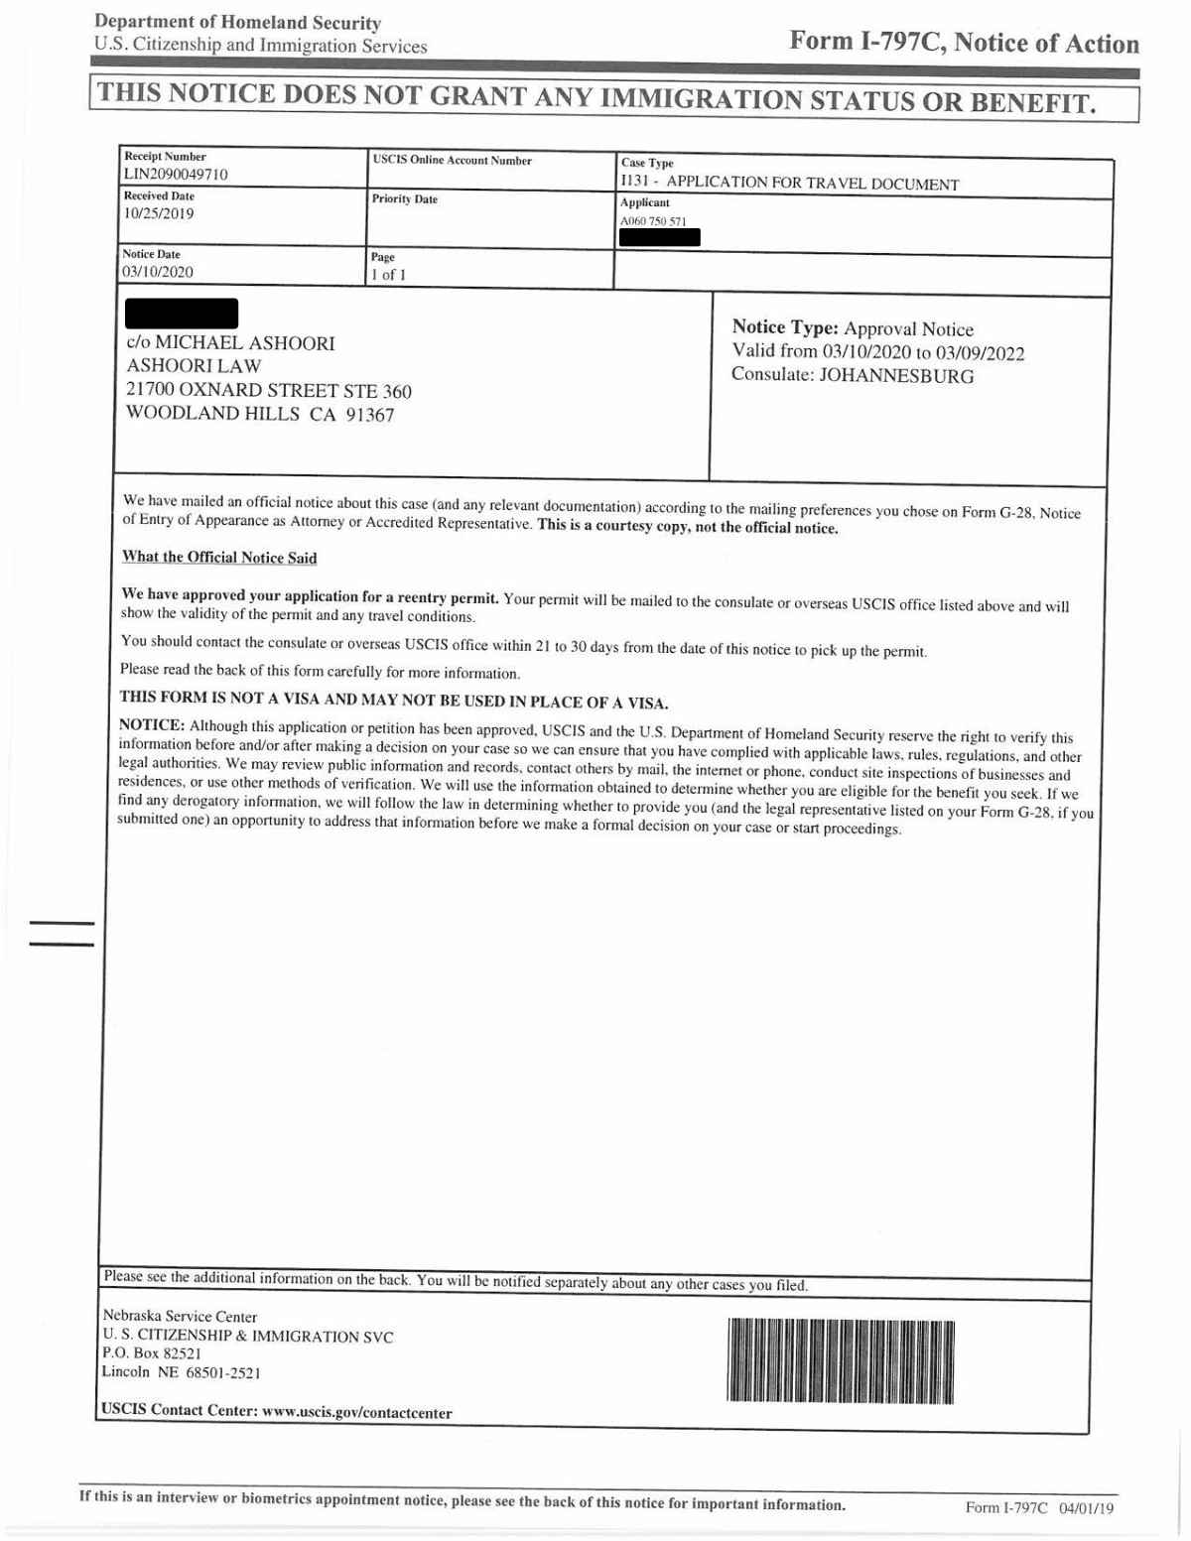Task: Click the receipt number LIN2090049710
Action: click(175, 175)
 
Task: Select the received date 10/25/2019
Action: click(159, 213)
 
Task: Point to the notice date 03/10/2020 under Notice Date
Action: click(158, 272)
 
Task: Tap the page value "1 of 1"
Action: click(388, 275)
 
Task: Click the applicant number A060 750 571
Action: click(653, 221)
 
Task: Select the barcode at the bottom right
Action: click(840, 1361)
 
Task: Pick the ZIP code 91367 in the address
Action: click(369, 415)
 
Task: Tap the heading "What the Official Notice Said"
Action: click(219, 558)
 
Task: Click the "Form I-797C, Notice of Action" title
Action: click(964, 43)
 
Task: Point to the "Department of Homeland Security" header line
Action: click(238, 23)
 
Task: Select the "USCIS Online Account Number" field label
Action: click(452, 161)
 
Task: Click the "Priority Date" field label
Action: click(404, 199)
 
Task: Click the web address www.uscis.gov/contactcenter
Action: click(356, 1413)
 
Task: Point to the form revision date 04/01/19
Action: click(1087, 1508)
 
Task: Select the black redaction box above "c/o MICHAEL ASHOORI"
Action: click(182, 314)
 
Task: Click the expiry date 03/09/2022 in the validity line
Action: click(980, 353)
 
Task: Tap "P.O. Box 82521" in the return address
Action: click(152, 1353)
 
